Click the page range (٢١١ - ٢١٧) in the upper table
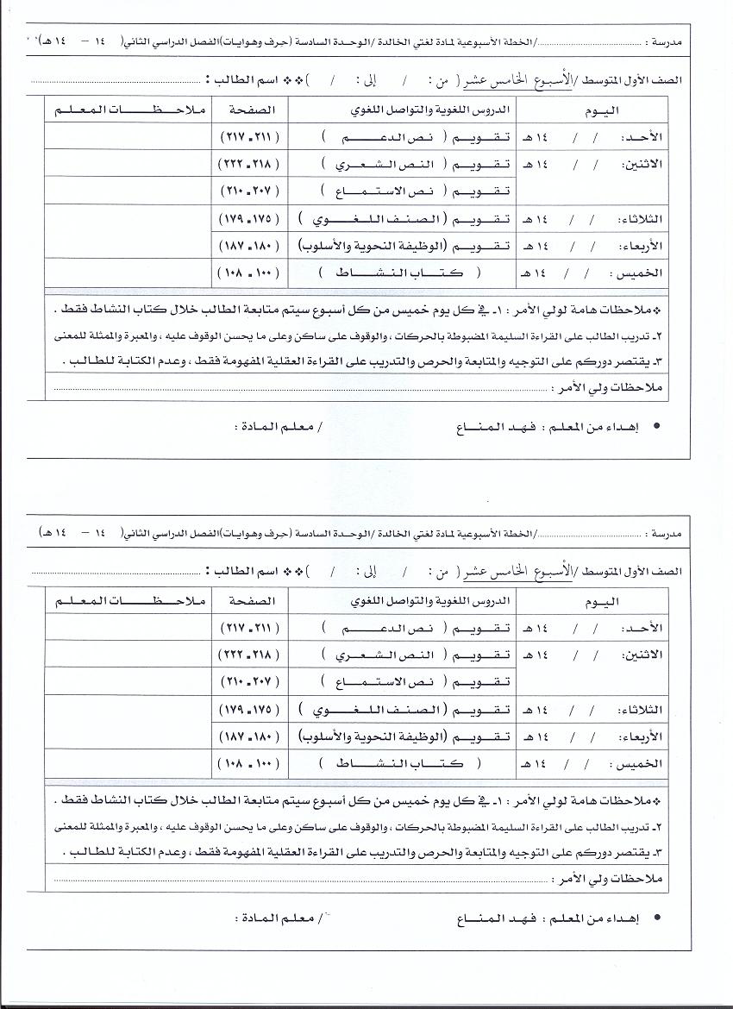(x=246, y=137)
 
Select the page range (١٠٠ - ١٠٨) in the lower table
(x=246, y=763)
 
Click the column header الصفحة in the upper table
(x=249, y=111)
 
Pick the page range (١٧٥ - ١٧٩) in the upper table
(x=246, y=218)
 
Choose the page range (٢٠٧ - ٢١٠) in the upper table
(x=246, y=190)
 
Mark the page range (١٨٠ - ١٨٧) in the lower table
(x=246, y=736)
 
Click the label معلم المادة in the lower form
(x=275, y=918)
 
